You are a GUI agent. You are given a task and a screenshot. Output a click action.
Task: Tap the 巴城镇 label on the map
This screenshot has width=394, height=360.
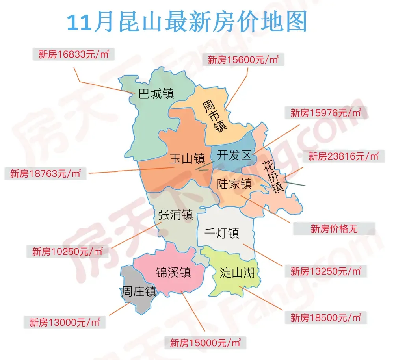(156, 94)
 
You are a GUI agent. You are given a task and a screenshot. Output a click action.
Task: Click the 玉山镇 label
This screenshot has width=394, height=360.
(187, 159)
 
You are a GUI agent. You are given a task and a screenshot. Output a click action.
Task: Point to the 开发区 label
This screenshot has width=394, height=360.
(234, 155)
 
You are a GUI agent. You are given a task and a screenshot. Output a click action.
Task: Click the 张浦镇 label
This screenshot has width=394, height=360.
(175, 215)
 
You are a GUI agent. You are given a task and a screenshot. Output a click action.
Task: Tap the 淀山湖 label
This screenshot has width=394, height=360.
(237, 272)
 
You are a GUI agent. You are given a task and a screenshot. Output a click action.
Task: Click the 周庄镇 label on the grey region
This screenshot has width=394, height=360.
(139, 291)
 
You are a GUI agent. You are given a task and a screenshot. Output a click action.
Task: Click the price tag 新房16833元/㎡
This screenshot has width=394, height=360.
(73, 54)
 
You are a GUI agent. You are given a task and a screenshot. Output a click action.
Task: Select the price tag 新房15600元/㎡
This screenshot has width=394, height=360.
(243, 60)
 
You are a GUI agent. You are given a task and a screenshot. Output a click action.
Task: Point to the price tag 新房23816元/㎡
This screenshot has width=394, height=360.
(344, 156)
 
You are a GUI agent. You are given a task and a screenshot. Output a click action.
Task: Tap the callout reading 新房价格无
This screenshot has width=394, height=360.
(334, 228)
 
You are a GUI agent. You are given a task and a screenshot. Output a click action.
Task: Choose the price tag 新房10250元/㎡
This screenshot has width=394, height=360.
(67, 251)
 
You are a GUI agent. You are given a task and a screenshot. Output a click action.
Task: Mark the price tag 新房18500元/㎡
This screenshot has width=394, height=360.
(326, 317)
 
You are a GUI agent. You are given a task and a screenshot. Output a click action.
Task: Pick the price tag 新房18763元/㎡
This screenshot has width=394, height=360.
(45, 173)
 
